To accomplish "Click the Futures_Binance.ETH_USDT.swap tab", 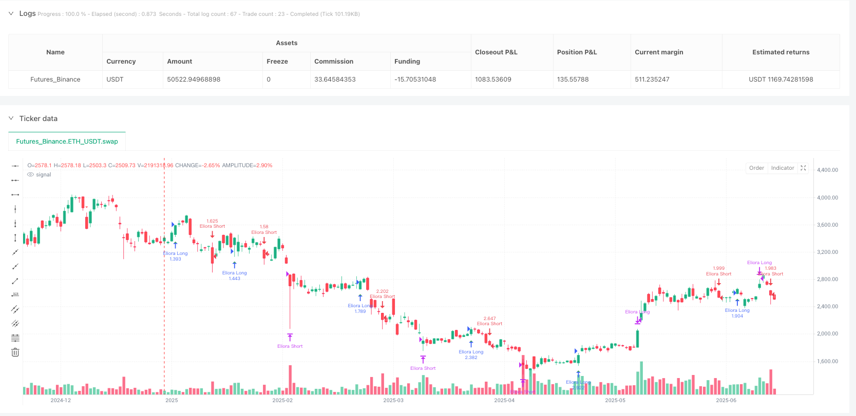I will [x=67, y=142].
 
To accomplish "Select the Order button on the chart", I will [x=756, y=168].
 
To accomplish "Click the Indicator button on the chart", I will [x=782, y=168].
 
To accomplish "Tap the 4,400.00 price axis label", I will [x=827, y=170].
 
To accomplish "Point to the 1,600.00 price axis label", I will [x=827, y=361].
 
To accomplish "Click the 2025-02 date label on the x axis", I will [x=282, y=400].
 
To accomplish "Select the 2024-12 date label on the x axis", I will [x=61, y=400].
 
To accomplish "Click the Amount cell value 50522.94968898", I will [x=194, y=80].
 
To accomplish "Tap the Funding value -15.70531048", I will [x=415, y=80].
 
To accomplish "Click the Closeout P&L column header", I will [x=496, y=52].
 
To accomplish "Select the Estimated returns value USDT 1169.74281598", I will [x=781, y=80].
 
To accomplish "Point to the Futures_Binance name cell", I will [x=55, y=80].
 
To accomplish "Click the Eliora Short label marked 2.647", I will [x=489, y=324].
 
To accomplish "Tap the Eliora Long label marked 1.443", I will [x=234, y=273].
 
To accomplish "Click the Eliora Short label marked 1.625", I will [x=212, y=226].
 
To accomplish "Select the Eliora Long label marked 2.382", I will [x=471, y=352].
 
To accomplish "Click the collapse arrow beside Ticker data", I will [x=11, y=118].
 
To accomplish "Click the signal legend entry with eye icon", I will [x=40, y=175].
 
